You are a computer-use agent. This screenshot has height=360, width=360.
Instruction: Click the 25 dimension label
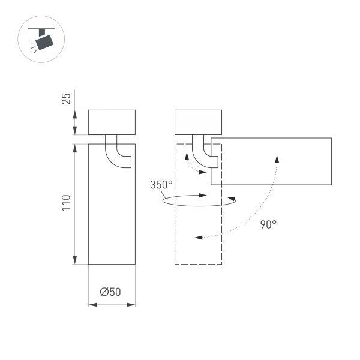(x=67, y=98)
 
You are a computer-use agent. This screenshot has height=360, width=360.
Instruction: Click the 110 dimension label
(x=67, y=202)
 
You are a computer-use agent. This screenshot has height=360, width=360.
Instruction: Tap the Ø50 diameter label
(x=111, y=292)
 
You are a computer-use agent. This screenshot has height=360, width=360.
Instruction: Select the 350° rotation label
(x=161, y=185)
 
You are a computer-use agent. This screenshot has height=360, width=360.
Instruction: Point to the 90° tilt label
(x=268, y=224)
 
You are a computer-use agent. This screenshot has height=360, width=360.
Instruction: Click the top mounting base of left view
(x=112, y=122)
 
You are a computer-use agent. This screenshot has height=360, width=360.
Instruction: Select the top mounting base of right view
(x=198, y=122)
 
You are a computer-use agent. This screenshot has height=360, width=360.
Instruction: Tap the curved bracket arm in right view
(x=202, y=154)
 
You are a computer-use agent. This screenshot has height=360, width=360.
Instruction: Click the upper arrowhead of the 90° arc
(x=277, y=158)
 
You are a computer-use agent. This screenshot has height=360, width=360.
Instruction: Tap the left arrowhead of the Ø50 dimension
(x=91, y=305)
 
